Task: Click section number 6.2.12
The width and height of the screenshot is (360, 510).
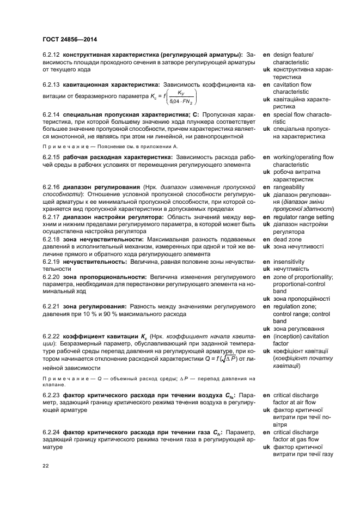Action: [x=52, y=55]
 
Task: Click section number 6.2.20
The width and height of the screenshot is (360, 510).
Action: [x=52, y=277]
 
